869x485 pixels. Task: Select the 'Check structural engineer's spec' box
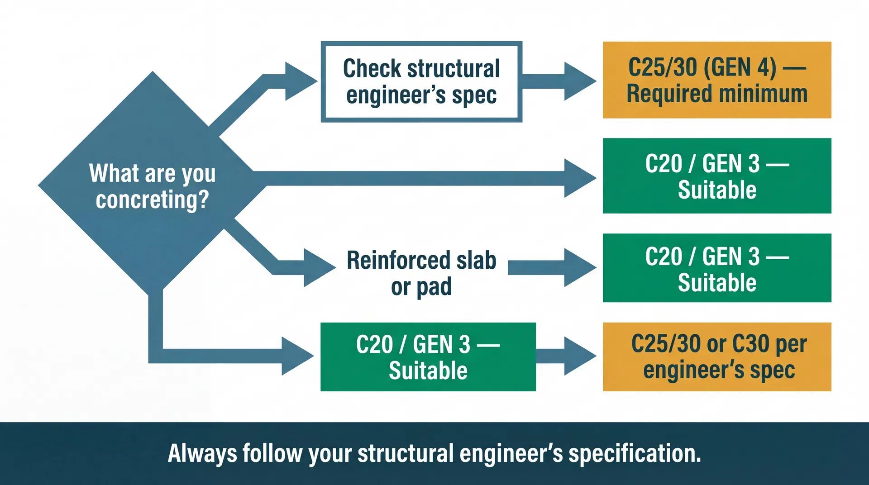[421, 82]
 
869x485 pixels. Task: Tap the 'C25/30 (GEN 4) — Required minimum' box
[717, 80]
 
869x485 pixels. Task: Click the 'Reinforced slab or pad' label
[421, 273]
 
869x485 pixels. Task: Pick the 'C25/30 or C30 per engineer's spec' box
[717, 357]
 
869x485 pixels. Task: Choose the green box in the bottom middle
[428, 357]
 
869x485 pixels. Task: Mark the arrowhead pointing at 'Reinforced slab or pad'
[318, 267]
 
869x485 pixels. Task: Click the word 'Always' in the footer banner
[202, 454]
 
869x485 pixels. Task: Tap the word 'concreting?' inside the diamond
[152, 200]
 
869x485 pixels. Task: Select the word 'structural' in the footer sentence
[406, 454]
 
